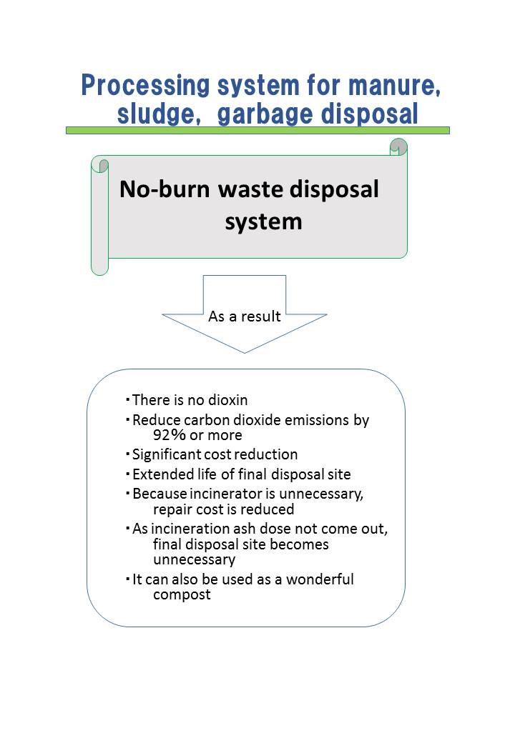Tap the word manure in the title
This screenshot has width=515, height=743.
pos(394,86)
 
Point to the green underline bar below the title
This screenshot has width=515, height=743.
pos(257,130)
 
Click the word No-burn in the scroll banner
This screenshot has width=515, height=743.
pos(164,189)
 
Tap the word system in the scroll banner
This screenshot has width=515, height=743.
pos(263,221)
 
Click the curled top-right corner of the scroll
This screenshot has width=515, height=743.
pos(398,146)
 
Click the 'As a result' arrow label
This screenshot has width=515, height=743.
pos(244,316)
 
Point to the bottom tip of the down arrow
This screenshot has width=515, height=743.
pos(245,353)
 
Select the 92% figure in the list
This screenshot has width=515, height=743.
pos(170,435)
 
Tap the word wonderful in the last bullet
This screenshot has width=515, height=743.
pos(320,579)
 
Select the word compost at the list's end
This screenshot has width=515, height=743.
pos(182,595)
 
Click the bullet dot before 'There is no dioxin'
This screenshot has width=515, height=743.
pos(127,400)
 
